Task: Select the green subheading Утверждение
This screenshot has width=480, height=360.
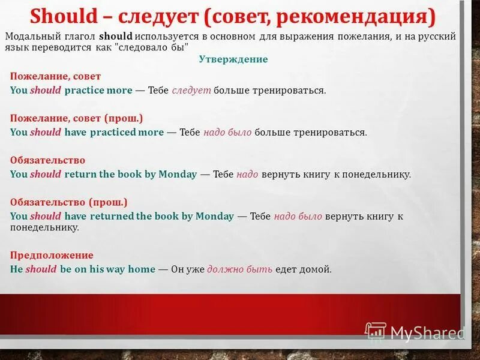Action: click(233, 59)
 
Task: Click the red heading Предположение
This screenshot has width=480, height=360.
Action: click(52, 255)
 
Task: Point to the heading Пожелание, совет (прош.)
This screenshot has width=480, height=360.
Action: click(77, 118)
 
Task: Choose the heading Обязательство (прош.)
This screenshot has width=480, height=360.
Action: click(69, 202)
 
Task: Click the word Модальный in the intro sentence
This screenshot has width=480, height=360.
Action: click(31, 36)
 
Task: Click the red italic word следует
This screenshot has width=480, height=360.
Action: click(191, 91)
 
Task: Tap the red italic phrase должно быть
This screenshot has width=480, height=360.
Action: click(240, 269)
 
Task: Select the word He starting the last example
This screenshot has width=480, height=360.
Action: click(16, 269)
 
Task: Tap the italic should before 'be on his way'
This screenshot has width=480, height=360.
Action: click(41, 269)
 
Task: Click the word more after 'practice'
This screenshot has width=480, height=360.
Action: click(119, 91)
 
